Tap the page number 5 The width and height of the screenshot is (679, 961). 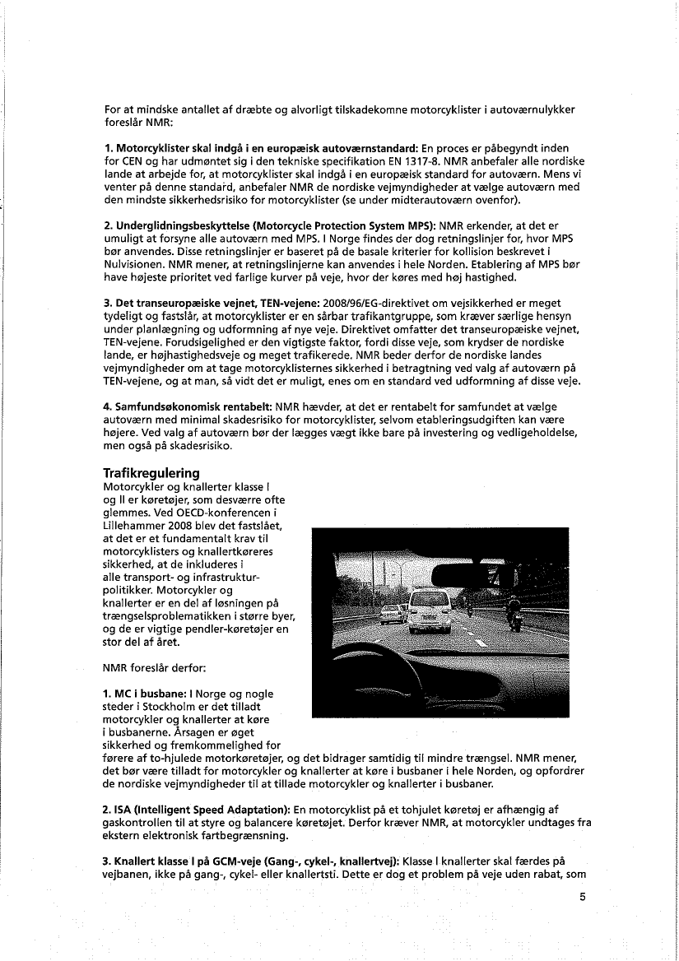tap(581, 897)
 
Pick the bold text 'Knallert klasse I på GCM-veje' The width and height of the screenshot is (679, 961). tap(185, 857)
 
